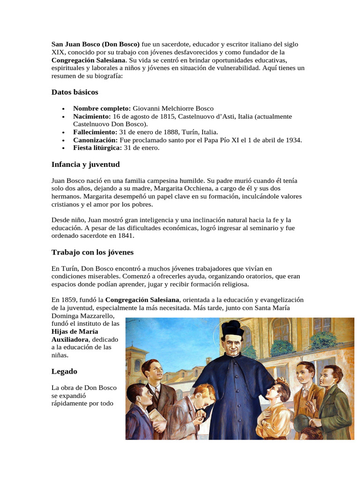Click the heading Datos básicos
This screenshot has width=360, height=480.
point(75,92)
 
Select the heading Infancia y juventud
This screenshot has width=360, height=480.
point(85,165)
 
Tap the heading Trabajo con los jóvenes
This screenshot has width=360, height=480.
point(92,253)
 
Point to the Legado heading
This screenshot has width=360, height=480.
point(64,371)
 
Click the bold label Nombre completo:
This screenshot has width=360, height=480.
point(102,108)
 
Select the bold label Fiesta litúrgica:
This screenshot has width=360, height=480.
point(97,148)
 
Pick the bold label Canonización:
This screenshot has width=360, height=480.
point(96,140)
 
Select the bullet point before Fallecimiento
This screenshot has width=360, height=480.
point(63,133)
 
